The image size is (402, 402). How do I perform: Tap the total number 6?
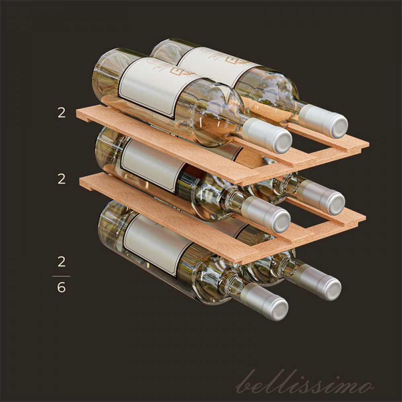click(x=61, y=287)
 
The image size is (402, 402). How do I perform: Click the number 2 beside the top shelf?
click(x=62, y=113)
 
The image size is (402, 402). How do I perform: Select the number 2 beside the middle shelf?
click(x=62, y=179)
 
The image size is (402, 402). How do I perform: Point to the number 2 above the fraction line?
click(x=62, y=262)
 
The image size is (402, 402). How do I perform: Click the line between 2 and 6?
click(x=61, y=276)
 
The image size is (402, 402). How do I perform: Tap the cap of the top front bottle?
click(x=267, y=136)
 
